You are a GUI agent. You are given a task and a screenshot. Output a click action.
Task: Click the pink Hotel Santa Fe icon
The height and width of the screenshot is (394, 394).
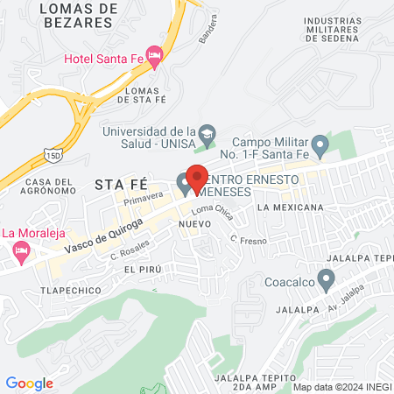pyautogui.click(x=154, y=58)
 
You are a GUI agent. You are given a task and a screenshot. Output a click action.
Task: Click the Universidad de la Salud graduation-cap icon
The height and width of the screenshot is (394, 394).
pyautogui.click(x=206, y=133)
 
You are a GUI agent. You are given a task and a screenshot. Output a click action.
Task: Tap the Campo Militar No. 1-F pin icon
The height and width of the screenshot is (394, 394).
pyautogui.click(x=320, y=144)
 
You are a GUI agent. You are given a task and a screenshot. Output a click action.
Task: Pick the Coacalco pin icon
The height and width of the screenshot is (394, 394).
pyautogui.click(x=327, y=280)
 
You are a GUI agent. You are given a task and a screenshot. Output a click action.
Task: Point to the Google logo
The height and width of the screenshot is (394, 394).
pyautogui.click(x=29, y=383)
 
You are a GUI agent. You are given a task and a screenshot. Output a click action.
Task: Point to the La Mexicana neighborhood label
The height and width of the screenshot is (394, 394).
pyautogui.click(x=291, y=208)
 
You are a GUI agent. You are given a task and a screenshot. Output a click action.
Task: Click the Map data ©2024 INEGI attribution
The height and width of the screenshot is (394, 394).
pyautogui.click(x=342, y=386)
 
